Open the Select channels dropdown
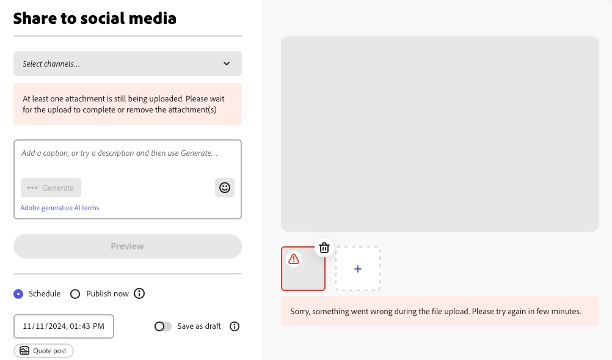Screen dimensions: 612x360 (x=127, y=64)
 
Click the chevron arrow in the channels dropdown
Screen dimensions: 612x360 (x=227, y=64)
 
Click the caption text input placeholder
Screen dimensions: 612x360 (x=119, y=153)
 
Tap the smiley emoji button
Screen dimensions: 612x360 (x=224, y=188)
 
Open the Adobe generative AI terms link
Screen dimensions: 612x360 (x=60, y=208)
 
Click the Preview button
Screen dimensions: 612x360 (x=127, y=246)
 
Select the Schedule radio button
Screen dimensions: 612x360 (x=18, y=293)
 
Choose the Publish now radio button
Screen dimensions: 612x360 (x=75, y=293)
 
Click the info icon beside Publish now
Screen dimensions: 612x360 (x=139, y=293)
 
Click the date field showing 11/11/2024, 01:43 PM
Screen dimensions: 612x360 (x=64, y=326)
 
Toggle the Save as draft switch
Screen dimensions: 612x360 (x=162, y=326)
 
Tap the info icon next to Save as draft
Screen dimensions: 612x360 (x=234, y=326)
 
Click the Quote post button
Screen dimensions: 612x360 (x=43, y=351)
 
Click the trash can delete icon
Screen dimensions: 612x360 (x=324, y=248)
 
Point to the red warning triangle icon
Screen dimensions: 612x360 (x=294, y=259)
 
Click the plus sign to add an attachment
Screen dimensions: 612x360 (x=357, y=269)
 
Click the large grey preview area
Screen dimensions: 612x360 (x=440, y=134)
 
